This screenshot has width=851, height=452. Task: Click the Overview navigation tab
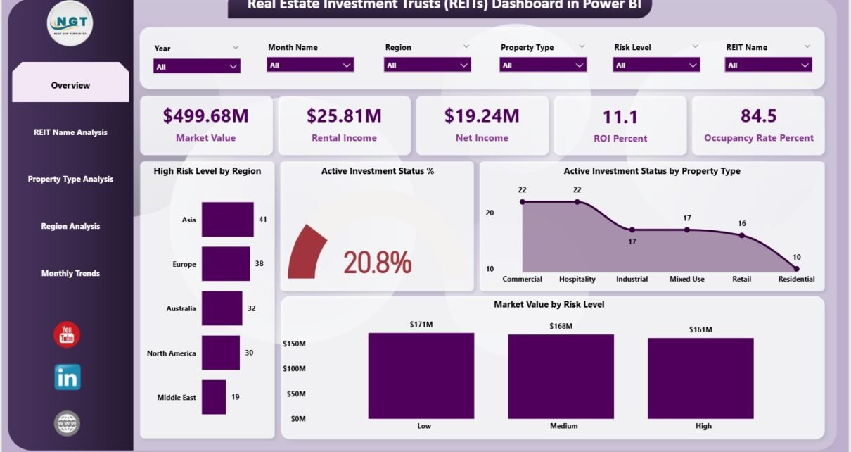(70, 85)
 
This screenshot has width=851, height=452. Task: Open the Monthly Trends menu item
(70, 273)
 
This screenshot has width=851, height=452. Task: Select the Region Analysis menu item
(70, 226)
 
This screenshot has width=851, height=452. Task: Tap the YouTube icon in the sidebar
(67, 334)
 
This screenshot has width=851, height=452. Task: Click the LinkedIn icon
(68, 377)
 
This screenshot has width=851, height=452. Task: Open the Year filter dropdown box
(197, 66)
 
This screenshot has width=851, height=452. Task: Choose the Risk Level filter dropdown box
(656, 65)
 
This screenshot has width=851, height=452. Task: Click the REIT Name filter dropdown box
(769, 65)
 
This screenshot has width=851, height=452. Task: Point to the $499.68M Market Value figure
(205, 115)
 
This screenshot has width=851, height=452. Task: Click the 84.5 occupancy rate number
(758, 115)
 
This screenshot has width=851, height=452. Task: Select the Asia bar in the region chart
(228, 220)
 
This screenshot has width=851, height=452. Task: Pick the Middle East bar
(214, 397)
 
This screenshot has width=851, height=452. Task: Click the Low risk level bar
(421, 375)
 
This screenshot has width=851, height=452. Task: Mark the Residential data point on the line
(796, 268)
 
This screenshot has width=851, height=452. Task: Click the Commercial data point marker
(523, 202)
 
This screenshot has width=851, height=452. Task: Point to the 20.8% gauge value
(377, 263)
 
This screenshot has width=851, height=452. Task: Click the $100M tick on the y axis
(293, 369)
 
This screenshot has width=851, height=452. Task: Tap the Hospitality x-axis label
(577, 279)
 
